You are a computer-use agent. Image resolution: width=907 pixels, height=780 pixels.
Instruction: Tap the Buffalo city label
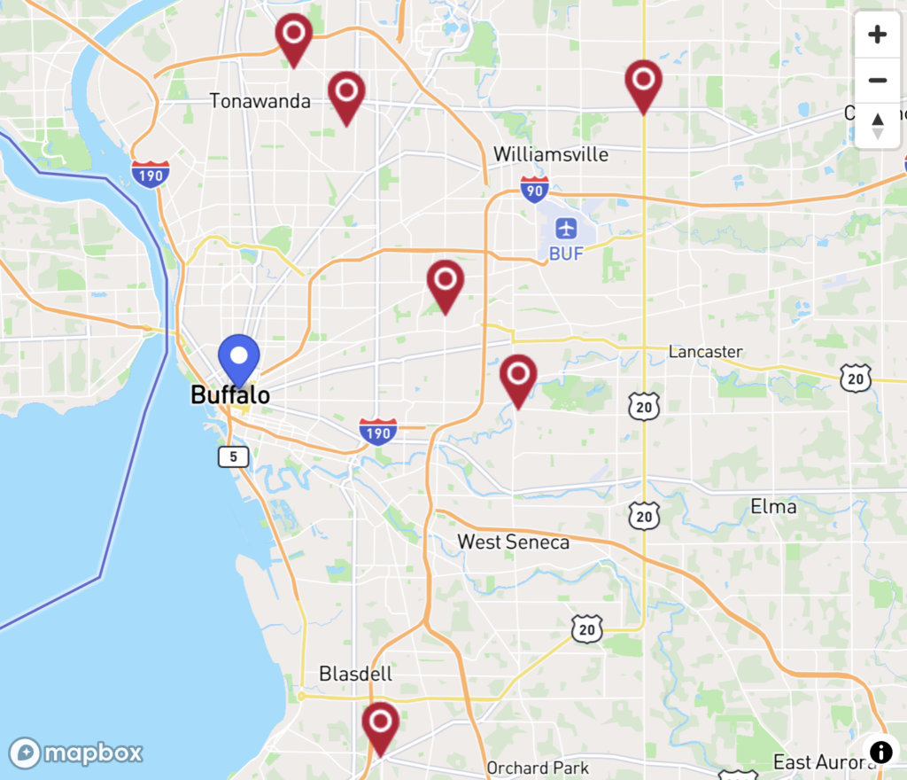pyautogui.click(x=230, y=395)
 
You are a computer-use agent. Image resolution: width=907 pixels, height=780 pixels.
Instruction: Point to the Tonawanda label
pyautogui.click(x=260, y=101)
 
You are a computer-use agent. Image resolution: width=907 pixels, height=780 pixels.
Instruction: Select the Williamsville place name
pyautogui.click(x=551, y=154)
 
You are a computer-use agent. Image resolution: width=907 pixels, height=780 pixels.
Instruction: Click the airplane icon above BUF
pyautogui.click(x=566, y=229)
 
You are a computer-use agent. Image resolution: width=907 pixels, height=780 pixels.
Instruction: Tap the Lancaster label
pyautogui.click(x=705, y=352)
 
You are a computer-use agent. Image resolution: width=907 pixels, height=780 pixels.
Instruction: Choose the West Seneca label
pyautogui.click(x=513, y=542)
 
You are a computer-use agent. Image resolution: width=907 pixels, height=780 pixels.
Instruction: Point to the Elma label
pyautogui.click(x=772, y=507)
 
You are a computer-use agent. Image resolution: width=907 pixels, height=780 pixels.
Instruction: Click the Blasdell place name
pyautogui.click(x=355, y=674)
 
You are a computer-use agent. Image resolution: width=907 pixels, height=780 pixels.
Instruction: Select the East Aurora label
pyautogui.click(x=816, y=762)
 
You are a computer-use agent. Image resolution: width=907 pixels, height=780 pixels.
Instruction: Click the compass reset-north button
pyautogui.click(x=877, y=126)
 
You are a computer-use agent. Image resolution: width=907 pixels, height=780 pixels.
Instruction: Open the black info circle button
pyautogui.click(x=880, y=752)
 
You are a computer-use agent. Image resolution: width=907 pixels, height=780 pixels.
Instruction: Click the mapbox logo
pyautogui.click(x=76, y=753)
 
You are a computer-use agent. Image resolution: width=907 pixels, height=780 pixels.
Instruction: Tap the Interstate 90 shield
pyautogui.click(x=534, y=189)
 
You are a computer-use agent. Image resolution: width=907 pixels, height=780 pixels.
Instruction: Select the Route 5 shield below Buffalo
pyautogui.click(x=234, y=456)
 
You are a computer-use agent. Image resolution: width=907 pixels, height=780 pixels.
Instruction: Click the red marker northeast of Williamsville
pyautogui.click(x=643, y=82)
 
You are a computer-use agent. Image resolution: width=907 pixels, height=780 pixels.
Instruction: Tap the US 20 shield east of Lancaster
pyautogui.click(x=857, y=378)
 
